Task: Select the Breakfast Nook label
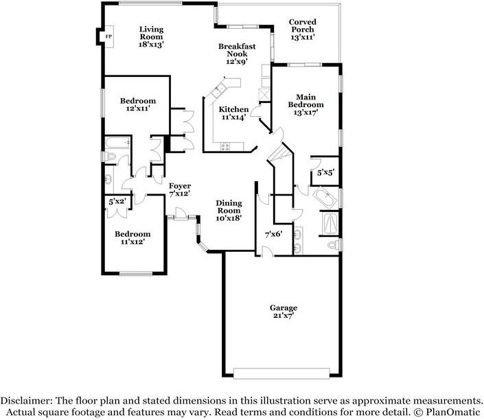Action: click(x=237, y=54)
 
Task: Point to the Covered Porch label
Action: click(x=302, y=30)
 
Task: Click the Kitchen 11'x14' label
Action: click(x=233, y=113)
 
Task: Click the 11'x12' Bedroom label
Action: click(x=132, y=237)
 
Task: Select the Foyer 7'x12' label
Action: click(x=180, y=190)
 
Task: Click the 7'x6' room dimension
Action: click(x=274, y=235)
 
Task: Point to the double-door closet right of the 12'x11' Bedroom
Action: click(x=183, y=124)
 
